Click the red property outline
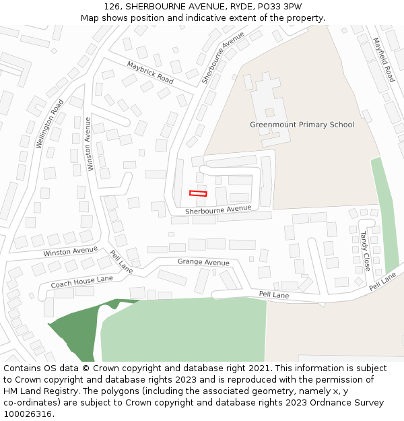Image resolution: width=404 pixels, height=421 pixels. point(198,194)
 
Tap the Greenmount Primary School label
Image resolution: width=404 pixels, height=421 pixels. point(302,125)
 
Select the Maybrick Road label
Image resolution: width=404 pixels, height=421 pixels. point(149,72)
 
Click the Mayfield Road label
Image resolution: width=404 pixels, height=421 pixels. point(384,59)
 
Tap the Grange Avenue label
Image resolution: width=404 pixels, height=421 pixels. point(203,262)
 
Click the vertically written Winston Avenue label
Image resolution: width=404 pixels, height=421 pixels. point(89,143)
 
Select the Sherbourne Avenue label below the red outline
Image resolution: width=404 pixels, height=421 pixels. point(217,210)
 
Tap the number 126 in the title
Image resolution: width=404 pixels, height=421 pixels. point(112,6)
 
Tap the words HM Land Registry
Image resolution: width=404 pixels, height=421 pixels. point(36,391)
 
